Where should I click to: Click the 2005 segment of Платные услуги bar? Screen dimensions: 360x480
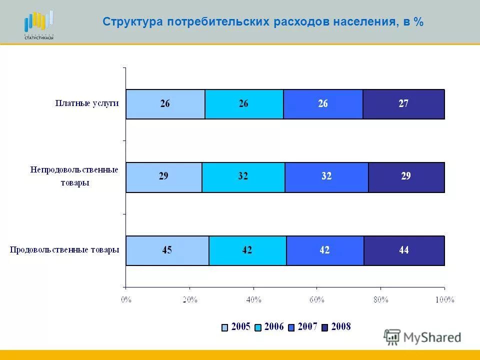click(165, 104)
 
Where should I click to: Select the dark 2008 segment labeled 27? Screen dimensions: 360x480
click(403, 104)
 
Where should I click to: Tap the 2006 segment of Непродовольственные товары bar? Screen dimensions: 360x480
click(243, 177)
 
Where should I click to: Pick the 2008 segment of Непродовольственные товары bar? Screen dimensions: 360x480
click(406, 177)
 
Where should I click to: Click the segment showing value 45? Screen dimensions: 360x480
click(167, 250)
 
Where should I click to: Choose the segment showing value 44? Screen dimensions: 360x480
click(404, 250)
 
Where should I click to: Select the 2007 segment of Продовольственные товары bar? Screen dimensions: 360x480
click(325, 250)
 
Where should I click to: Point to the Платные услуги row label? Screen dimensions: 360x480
click(86, 103)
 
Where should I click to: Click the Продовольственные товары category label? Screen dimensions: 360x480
click(64, 250)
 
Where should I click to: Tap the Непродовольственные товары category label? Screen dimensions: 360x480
click(73, 176)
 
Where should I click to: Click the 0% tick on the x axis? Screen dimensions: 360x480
click(126, 299)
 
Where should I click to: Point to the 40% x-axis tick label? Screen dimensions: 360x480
click(253, 299)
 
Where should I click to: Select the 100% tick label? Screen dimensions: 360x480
click(444, 299)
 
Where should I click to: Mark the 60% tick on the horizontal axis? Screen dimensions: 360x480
click(317, 299)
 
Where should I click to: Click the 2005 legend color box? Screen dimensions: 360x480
click(225, 327)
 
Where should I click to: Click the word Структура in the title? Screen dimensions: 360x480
click(132, 22)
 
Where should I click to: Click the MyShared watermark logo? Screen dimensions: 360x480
click(422, 337)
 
